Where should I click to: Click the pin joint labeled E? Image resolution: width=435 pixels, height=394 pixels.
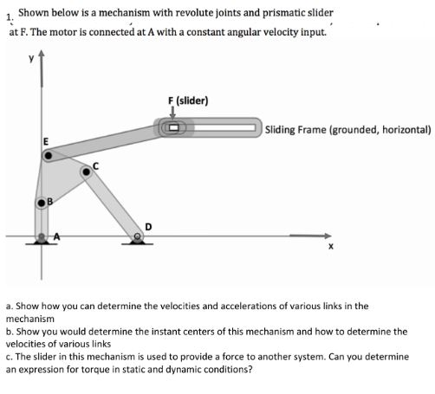point(49,157)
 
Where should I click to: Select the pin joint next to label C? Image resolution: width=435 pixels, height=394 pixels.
point(87,171)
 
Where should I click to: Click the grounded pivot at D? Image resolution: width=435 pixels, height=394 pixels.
point(138,235)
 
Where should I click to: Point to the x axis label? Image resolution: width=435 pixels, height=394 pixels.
point(330,249)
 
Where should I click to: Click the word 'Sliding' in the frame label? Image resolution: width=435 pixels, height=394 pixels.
point(284,130)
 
